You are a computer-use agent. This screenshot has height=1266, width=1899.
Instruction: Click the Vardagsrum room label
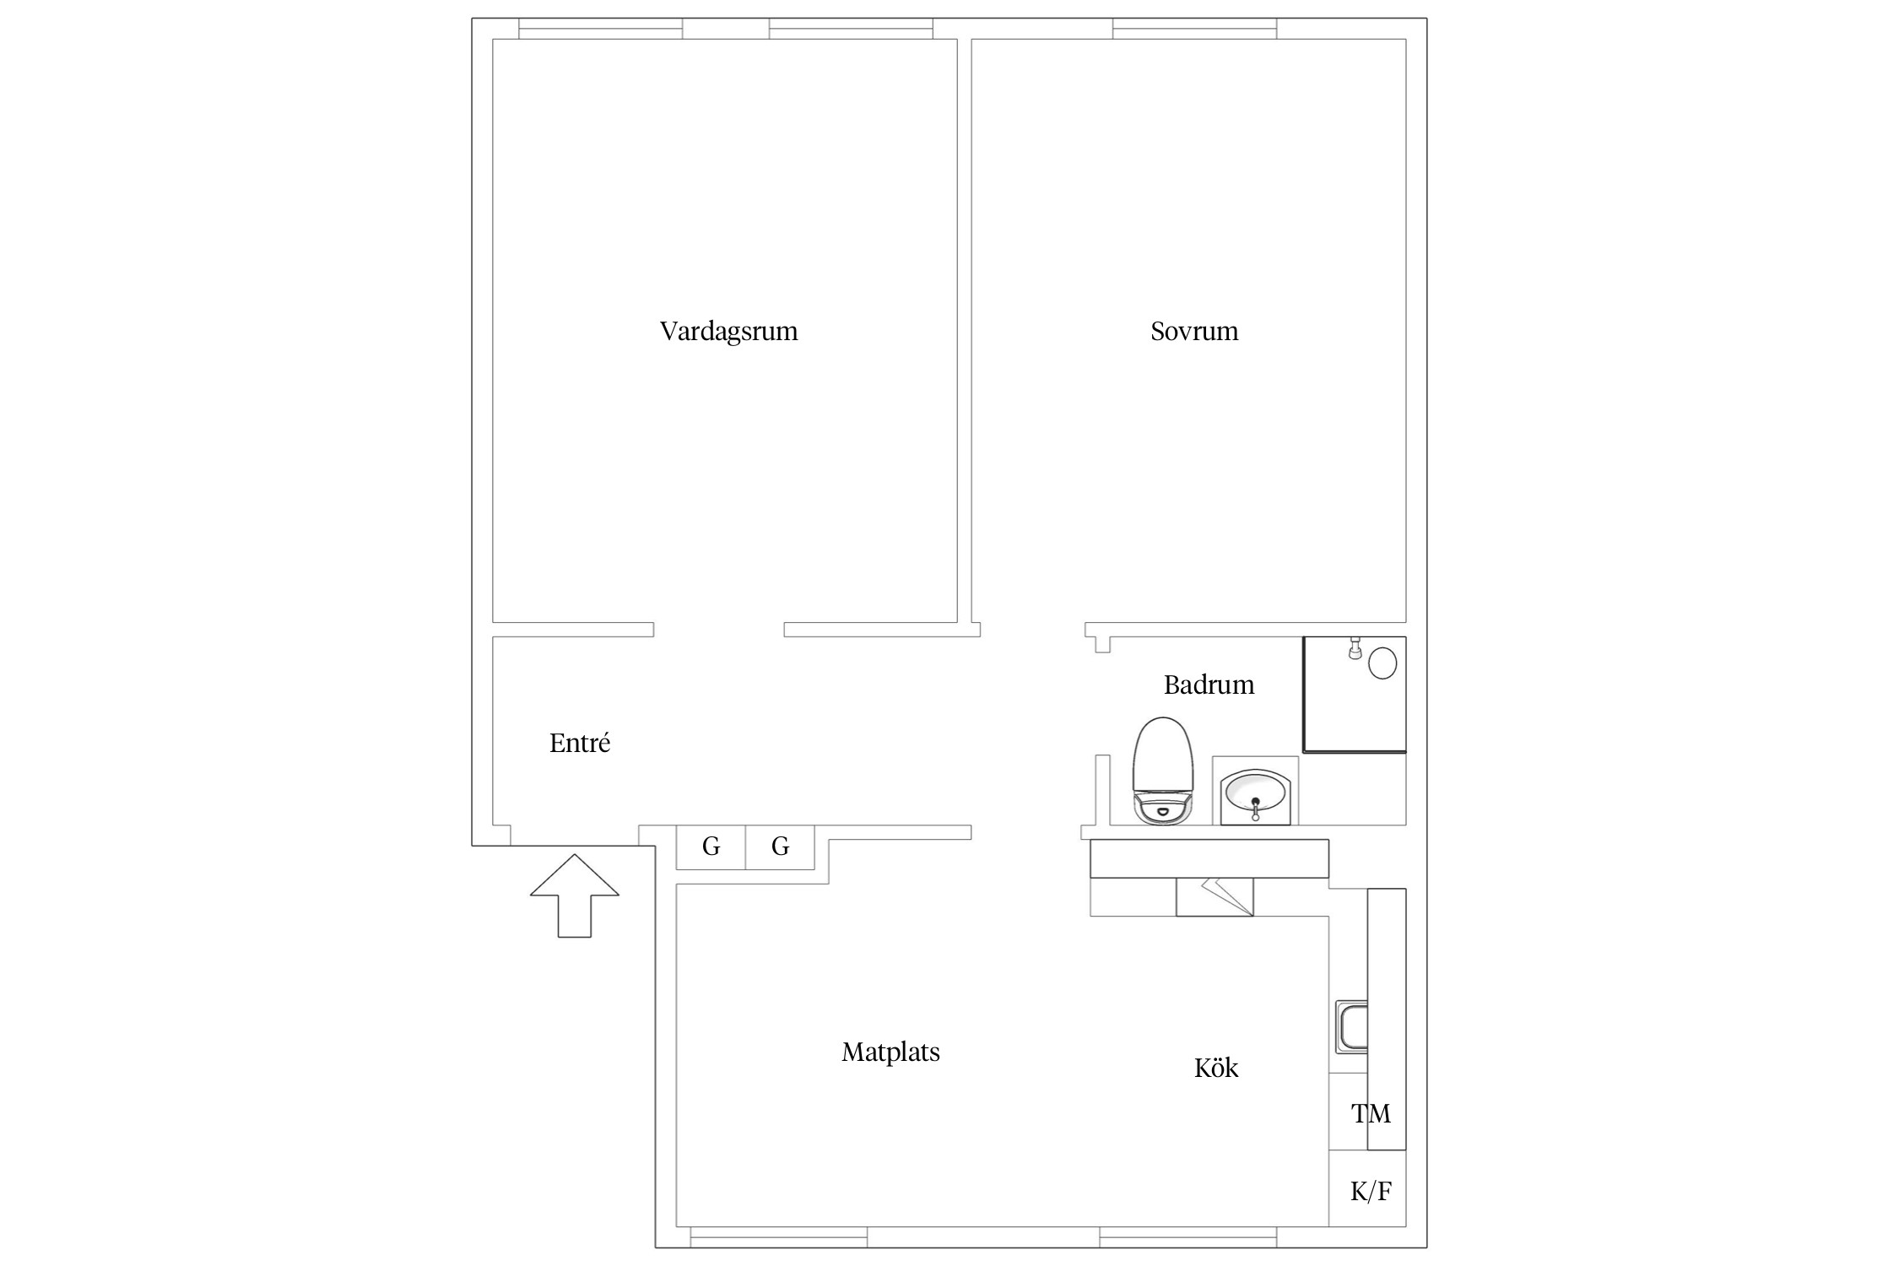pos(728,331)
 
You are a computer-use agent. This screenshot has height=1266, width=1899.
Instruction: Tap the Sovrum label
pos(1194,331)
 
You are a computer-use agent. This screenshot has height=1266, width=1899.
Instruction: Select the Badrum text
pos(1209,684)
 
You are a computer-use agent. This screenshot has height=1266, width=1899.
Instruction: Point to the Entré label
pos(580,743)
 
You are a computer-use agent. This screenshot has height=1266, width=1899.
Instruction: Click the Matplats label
pos(890,1052)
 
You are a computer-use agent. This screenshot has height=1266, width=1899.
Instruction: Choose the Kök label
pos(1216,1068)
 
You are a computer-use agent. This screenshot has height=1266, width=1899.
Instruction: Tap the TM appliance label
pos(1371,1114)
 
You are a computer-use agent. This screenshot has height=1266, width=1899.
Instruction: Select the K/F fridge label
pos(1371,1192)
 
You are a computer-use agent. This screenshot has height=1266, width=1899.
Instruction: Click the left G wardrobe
pos(711,847)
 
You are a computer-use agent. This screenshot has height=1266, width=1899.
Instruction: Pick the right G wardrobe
pos(780,847)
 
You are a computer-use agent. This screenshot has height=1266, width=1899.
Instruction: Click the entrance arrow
pos(575,895)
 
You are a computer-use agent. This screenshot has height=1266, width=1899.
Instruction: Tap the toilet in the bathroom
pos(1164,771)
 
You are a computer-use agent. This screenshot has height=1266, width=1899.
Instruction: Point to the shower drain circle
pos(1382,663)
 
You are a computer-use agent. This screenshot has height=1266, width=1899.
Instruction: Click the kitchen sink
pos(1351,1026)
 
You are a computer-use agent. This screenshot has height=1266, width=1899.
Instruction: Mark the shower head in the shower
pos(1355,648)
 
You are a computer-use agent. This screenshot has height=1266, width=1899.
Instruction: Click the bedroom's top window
pos(1194,29)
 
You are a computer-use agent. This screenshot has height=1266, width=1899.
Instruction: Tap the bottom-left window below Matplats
pos(778,1236)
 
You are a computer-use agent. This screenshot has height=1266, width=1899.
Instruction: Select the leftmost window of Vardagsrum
pos(600,29)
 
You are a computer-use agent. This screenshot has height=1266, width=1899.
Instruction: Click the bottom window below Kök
pos(1188,1236)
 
